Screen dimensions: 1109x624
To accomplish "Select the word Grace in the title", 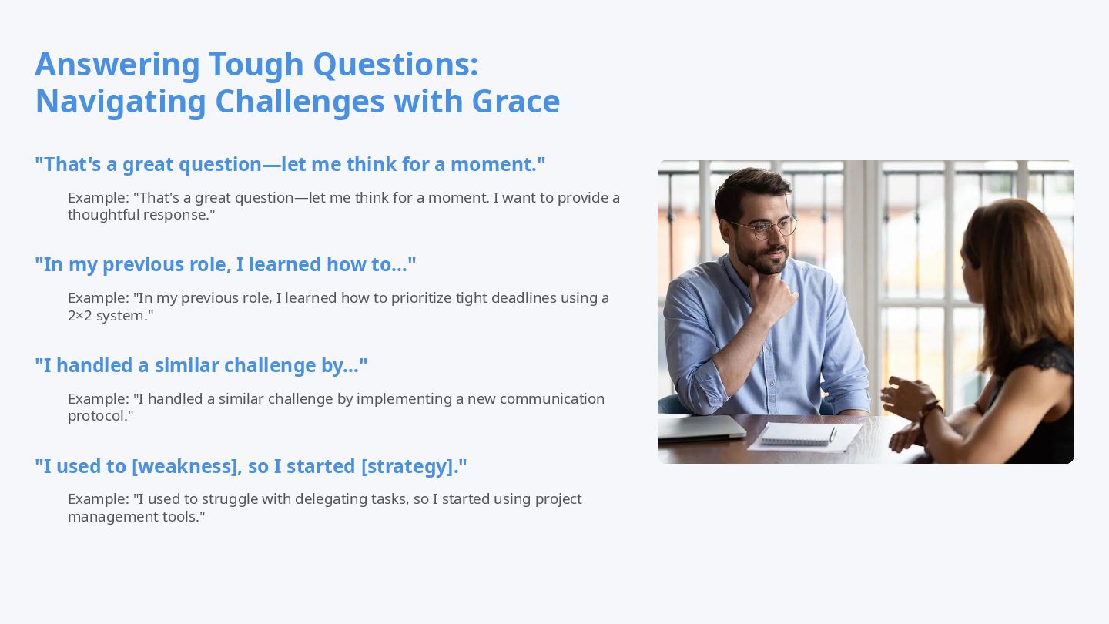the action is pyautogui.click(x=516, y=102).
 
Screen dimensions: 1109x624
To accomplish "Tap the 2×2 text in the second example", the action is pyautogui.click(x=80, y=316).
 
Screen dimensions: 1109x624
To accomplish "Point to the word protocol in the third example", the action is pyautogui.click(x=98, y=416).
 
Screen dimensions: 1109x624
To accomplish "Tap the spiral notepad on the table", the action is pyautogui.click(x=798, y=434).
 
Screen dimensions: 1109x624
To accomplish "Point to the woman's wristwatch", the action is pyautogui.click(x=931, y=410).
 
